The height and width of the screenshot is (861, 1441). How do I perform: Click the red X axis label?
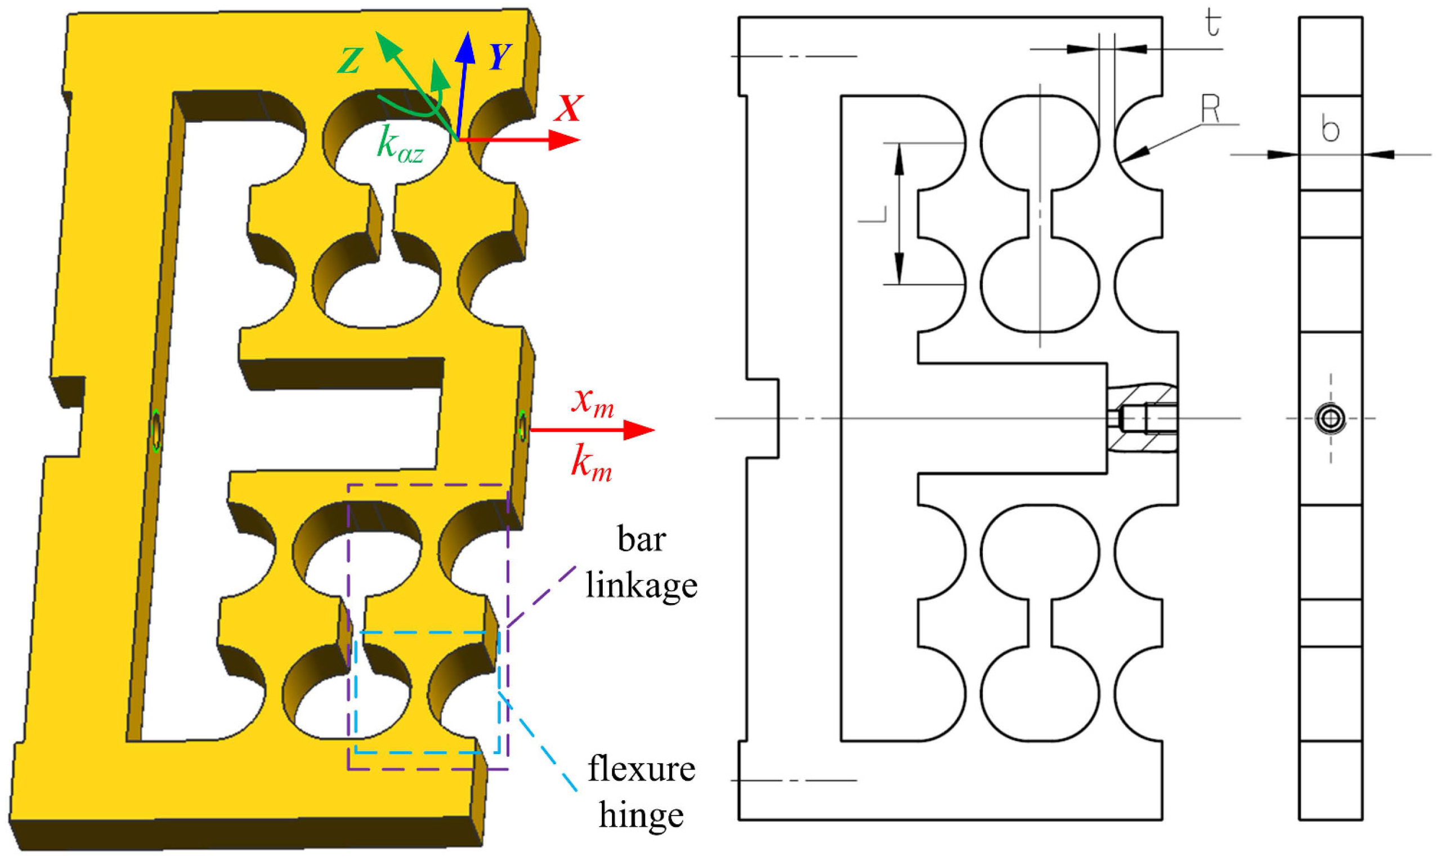coord(568,108)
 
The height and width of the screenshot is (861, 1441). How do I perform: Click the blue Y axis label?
coord(499,57)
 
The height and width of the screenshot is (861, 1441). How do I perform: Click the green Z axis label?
coord(350,60)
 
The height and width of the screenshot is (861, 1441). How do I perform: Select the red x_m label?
coord(592,401)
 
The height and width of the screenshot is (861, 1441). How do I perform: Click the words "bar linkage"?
coord(641,562)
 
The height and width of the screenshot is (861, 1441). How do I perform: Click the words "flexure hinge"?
coord(641,792)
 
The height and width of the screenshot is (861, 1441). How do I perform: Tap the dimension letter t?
coord(1212,24)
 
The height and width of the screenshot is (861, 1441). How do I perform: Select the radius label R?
coord(1210,109)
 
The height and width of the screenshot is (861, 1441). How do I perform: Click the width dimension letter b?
coord(1330,128)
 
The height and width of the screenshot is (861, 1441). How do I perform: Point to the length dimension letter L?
coord(872,214)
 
